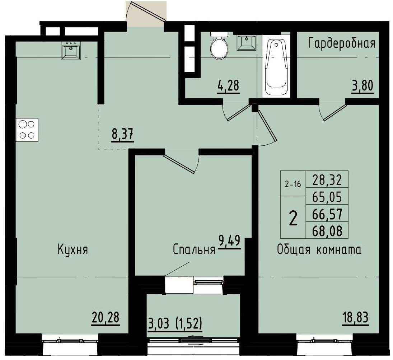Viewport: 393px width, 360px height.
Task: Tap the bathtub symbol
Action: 276,68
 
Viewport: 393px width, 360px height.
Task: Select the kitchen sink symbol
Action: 71,50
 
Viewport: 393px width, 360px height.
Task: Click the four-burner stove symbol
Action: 27,130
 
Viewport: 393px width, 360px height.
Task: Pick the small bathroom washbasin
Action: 247,43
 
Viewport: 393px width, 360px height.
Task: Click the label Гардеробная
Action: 342,43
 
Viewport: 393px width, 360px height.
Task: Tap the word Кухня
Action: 73,250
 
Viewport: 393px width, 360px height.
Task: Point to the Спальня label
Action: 194,250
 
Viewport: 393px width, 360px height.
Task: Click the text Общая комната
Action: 319,250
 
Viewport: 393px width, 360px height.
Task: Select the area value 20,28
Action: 106,318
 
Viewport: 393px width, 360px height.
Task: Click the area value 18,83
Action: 355,318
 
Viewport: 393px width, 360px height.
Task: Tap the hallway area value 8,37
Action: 122,135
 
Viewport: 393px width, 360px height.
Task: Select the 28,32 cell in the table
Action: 327,179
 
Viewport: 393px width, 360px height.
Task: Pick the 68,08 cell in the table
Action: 327,231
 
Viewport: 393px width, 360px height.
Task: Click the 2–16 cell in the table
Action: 293,184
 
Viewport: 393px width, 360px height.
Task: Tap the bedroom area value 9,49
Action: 230,241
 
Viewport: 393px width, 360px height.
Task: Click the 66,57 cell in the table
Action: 327,214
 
